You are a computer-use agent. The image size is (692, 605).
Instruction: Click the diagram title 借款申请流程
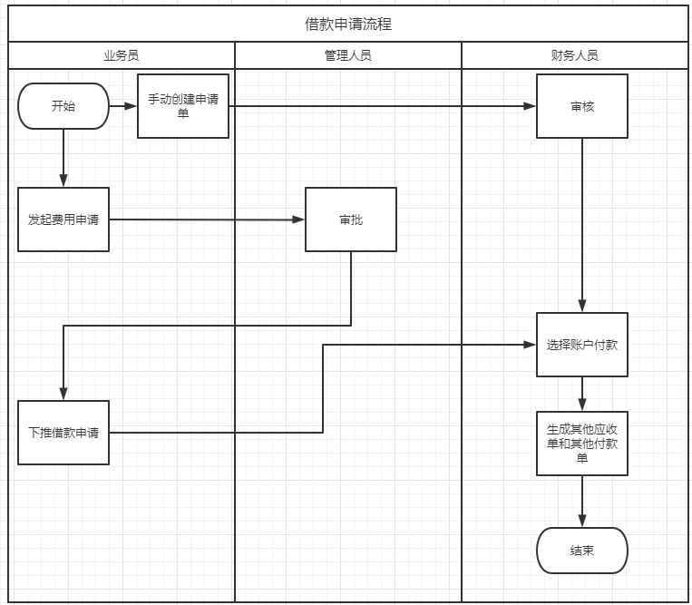(348, 24)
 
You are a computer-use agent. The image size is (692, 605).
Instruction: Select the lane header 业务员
(121, 55)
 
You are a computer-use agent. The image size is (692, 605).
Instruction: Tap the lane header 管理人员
(348, 55)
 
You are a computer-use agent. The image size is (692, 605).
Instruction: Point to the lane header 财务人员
(575, 55)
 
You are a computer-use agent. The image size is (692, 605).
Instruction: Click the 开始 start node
(63, 106)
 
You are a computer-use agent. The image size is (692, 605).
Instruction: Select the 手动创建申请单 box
(183, 106)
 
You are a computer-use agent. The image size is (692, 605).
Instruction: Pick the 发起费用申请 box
(63, 220)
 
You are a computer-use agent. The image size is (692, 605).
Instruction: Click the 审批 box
(351, 220)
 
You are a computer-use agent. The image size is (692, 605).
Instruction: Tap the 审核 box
(582, 106)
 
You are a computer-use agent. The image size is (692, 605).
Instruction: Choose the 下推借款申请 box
(63, 433)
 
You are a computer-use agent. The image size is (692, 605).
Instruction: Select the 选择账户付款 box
(582, 345)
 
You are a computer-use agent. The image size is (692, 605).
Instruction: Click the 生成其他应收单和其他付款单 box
(582, 444)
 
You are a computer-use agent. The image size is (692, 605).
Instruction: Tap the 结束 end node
(582, 551)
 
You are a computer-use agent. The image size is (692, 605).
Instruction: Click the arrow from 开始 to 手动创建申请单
(123, 106)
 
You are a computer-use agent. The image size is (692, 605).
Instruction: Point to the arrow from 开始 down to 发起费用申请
(63, 159)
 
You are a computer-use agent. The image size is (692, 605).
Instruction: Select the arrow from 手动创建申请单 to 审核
(381, 106)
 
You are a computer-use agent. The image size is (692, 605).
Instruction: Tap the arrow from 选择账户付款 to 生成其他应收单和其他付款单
(582, 394)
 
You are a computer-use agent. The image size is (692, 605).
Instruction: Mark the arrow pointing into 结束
(582, 502)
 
